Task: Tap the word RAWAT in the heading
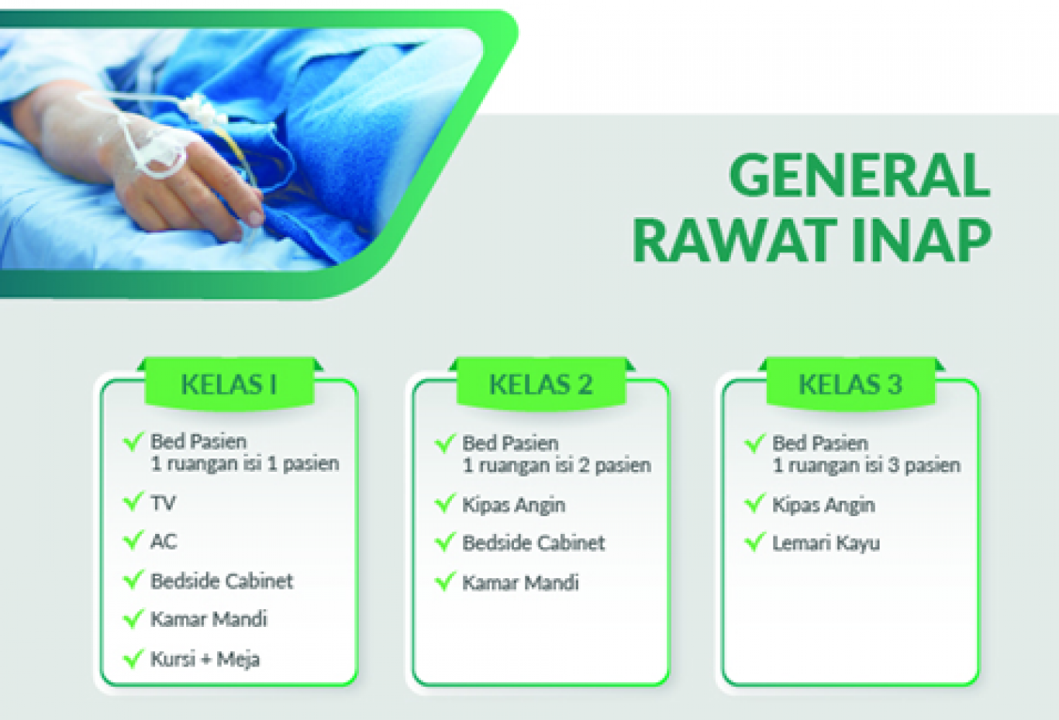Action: point(732,240)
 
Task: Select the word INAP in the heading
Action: point(923,240)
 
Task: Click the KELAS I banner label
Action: point(229,384)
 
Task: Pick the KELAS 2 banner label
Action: point(541,384)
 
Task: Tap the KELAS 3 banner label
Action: point(850,384)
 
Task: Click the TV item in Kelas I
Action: point(163,503)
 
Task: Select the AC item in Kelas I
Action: point(164,541)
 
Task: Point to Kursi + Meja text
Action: point(205,659)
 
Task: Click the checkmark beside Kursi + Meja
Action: point(133,659)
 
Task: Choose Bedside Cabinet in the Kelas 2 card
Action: point(533,543)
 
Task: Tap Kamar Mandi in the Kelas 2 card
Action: point(520,583)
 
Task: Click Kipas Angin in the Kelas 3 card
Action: point(823,505)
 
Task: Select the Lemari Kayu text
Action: point(826,543)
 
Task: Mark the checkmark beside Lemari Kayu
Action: point(754,542)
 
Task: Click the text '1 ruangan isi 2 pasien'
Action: point(557,466)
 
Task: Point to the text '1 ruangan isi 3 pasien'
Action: point(867,466)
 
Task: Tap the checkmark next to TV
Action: point(133,501)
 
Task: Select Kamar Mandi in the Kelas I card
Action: point(209,619)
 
